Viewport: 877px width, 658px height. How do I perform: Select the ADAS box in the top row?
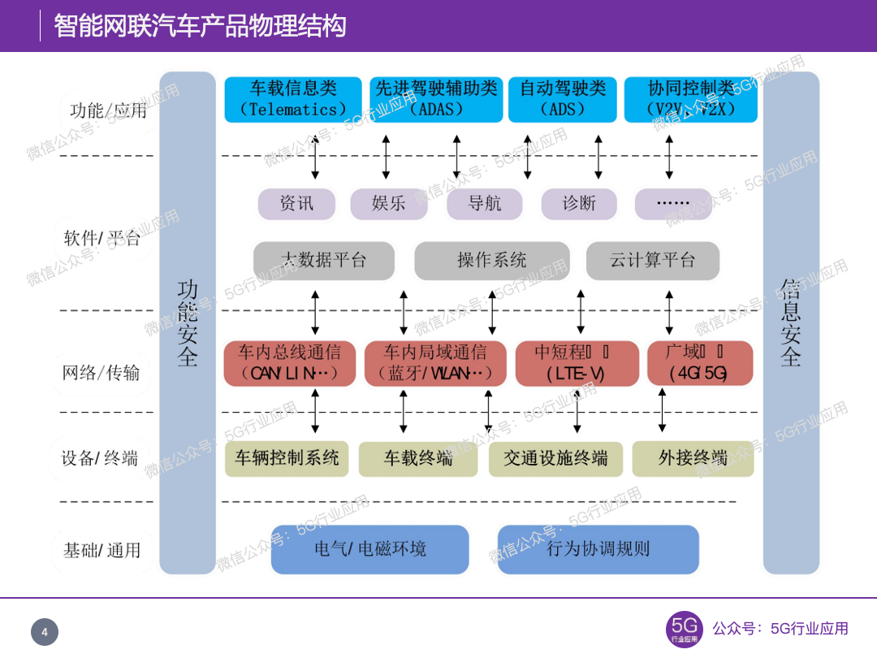click(x=436, y=99)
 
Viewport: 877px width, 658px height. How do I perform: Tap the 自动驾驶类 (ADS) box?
click(x=563, y=99)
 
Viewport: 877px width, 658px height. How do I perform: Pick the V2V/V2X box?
click(x=690, y=99)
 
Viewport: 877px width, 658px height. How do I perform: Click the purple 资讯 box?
click(x=296, y=203)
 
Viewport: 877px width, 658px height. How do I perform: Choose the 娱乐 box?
click(x=389, y=203)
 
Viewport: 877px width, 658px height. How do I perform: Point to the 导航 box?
click(x=485, y=203)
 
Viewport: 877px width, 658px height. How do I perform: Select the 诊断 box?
click(x=579, y=203)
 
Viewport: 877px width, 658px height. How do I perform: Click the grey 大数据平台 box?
click(x=324, y=260)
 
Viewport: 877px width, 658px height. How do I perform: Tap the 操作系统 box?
click(x=492, y=260)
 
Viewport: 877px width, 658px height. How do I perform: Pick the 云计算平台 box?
click(x=653, y=260)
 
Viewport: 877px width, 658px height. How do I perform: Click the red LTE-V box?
click(x=576, y=363)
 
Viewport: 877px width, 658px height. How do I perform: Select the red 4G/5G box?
click(x=699, y=363)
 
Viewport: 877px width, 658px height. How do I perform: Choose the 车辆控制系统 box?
click(x=287, y=458)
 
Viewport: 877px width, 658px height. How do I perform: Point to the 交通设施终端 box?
click(x=555, y=459)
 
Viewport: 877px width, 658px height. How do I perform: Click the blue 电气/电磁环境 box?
click(x=370, y=549)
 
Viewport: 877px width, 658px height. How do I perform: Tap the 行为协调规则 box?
click(x=598, y=549)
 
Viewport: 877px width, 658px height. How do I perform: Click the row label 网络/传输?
click(x=102, y=373)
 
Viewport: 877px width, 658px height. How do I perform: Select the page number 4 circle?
click(x=45, y=632)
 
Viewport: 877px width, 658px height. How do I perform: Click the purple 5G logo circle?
click(x=684, y=629)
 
